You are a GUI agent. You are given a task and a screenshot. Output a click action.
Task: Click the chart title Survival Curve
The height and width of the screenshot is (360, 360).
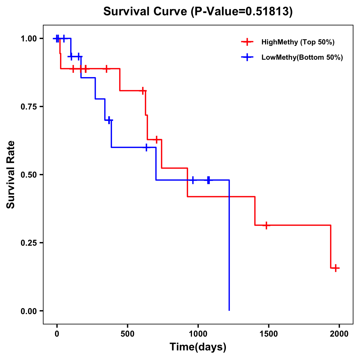(146, 12)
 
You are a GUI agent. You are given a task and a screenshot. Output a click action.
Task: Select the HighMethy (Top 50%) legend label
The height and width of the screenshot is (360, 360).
(298, 42)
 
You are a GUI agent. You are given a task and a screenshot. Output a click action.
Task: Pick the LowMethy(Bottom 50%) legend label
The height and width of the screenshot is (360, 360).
(302, 57)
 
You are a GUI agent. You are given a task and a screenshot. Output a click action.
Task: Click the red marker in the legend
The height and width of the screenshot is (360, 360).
(247, 42)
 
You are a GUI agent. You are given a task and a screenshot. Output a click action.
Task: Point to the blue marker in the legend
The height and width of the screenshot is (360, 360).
(247, 57)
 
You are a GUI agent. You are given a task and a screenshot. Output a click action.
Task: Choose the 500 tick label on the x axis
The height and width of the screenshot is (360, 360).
(127, 334)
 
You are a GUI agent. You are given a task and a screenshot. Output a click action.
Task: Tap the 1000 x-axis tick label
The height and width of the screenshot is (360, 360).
(198, 334)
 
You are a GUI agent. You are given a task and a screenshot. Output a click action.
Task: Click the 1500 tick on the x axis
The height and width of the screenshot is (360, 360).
(268, 334)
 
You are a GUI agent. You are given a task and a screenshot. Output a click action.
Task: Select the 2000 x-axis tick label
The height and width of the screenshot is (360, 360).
(339, 334)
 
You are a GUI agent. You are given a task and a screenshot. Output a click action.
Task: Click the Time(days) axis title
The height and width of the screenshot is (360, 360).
(198, 347)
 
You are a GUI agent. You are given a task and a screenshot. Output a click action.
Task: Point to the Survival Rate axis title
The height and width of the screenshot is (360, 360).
(11, 175)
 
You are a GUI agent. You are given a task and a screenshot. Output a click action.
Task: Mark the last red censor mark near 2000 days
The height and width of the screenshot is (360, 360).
(336, 268)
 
